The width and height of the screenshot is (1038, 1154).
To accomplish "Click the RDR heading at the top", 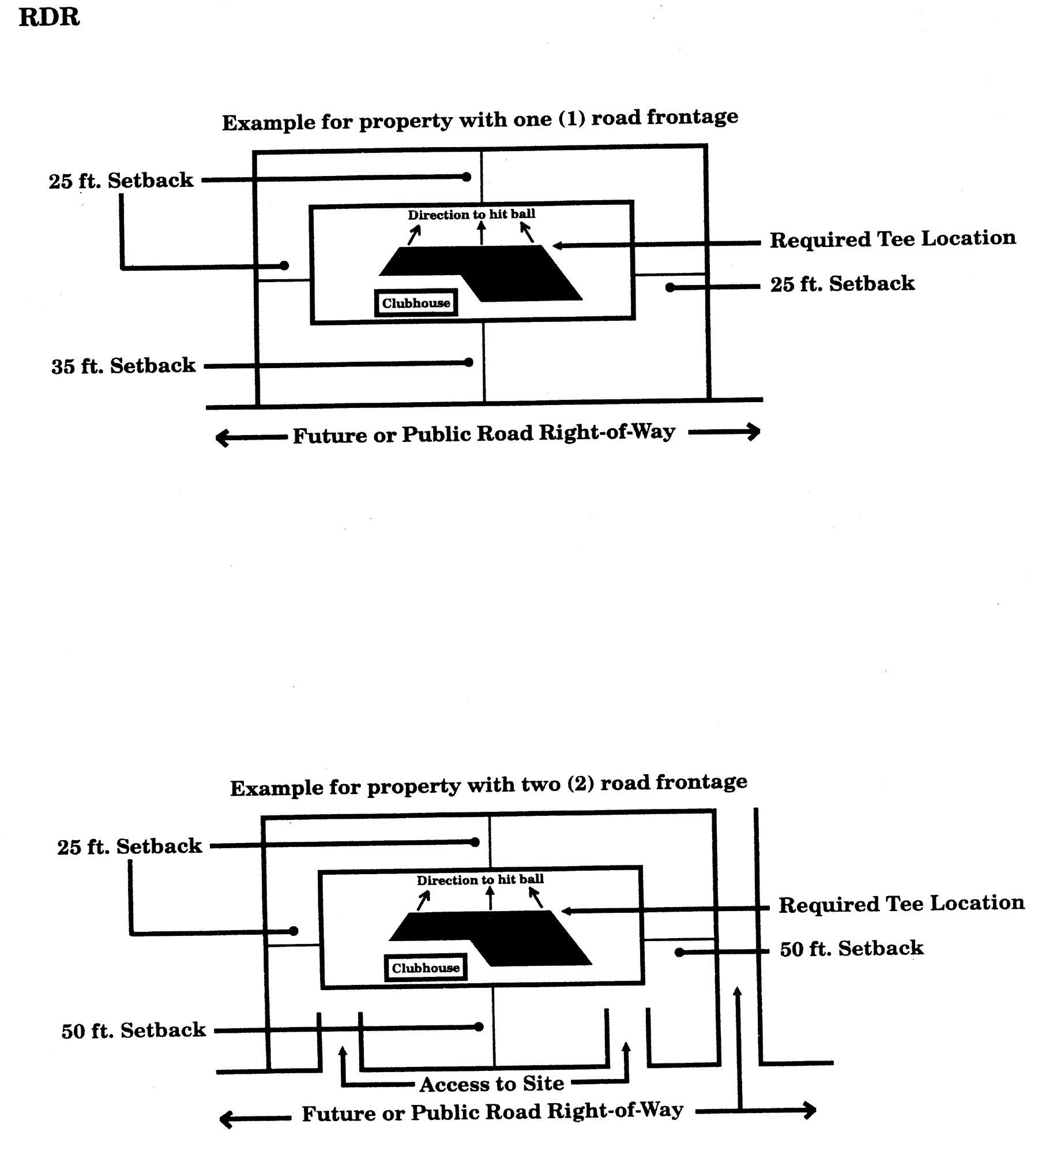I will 49,17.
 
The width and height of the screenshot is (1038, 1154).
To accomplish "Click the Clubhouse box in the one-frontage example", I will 416,303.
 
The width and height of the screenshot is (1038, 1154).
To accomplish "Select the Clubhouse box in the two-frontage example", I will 426,968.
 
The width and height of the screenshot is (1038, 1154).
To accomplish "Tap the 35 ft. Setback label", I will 124,366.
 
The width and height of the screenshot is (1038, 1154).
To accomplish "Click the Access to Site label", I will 492,1084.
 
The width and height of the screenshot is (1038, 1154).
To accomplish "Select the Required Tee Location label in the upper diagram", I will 893,239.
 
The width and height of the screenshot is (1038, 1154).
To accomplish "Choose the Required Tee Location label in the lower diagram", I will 901,904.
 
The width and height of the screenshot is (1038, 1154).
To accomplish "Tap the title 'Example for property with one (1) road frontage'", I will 480,120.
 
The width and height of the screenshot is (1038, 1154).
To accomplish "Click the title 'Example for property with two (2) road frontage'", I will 488,785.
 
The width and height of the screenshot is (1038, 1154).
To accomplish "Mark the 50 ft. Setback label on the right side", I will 852,949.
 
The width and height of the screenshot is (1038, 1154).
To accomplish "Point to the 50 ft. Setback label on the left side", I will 134,1031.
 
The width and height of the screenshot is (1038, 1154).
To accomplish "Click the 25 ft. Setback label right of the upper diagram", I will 843,284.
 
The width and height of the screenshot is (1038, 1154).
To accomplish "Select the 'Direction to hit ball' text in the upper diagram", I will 472,215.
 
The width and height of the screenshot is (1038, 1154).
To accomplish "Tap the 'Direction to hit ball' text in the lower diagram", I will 480,880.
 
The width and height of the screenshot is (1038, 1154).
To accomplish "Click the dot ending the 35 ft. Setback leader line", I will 468,362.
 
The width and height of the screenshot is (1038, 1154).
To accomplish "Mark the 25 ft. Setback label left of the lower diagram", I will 130,846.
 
